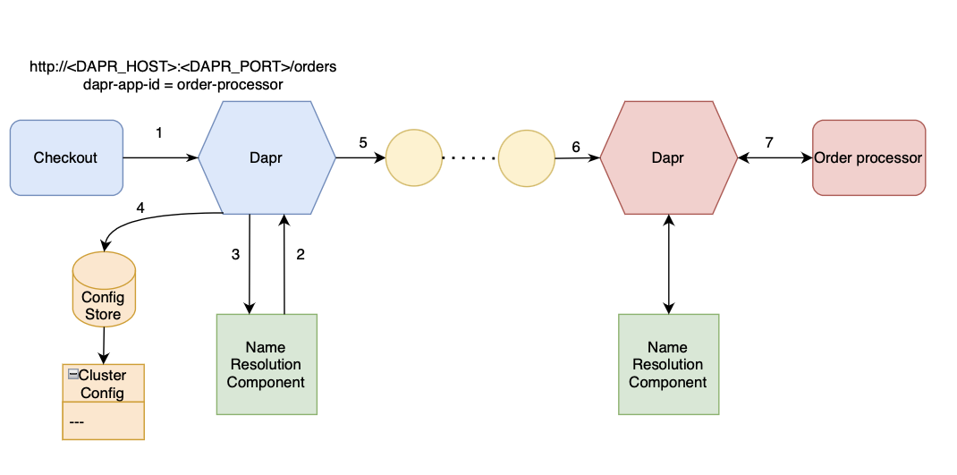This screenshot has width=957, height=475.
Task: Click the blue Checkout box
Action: [x=65, y=157]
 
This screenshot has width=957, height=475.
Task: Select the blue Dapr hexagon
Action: [x=267, y=157]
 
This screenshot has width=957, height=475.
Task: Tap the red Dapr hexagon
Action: [x=668, y=157]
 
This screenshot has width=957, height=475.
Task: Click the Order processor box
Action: [x=868, y=157]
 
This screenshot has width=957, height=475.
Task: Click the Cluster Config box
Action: [x=103, y=384]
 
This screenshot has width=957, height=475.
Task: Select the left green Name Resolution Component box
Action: [x=267, y=364]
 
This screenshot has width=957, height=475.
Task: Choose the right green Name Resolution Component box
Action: [x=668, y=364]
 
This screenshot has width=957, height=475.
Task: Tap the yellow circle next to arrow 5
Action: [x=413, y=158]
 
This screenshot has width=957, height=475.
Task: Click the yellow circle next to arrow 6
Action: [x=527, y=158]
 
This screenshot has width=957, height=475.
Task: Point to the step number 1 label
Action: [x=159, y=133]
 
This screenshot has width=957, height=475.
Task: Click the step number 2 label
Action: [x=301, y=254]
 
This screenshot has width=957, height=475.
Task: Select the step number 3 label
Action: [x=235, y=254]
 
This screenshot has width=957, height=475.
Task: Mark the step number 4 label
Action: [x=140, y=208]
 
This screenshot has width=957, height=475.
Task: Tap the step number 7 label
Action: [x=769, y=142]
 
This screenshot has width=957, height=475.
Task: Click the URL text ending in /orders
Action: [x=182, y=67]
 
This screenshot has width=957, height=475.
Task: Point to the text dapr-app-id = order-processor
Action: [x=182, y=84]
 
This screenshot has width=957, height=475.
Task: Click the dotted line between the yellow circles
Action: [x=470, y=158]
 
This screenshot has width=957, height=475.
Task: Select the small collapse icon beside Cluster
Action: [x=72, y=375]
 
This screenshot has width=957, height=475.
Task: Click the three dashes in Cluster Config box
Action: [x=76, y=421]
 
